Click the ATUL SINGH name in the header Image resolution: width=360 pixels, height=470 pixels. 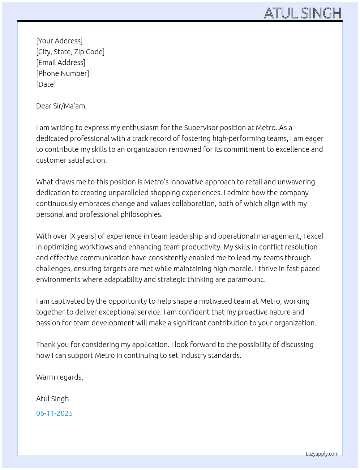tap(303, 13)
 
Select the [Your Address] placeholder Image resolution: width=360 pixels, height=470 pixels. tap(59, 41)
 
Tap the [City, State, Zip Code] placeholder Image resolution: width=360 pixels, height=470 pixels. tap(70, 52)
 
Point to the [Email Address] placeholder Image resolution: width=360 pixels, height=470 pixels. tap(61, 63)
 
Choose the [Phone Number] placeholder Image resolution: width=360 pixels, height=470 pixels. tap(63, 73)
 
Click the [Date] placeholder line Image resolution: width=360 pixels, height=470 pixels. tap(46, 84)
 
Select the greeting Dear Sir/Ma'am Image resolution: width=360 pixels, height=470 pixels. tap(61, 106)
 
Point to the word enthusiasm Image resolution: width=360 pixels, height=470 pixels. tap(140, 128)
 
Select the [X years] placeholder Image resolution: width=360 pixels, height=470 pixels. tap(82, 236)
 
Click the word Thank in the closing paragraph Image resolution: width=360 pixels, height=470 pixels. tap(45, 345)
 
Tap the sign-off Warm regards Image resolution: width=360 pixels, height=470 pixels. tap(59, 377)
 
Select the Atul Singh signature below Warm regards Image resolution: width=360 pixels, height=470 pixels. tap(52, 399)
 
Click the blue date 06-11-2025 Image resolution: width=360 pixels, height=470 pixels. tap(54, 413)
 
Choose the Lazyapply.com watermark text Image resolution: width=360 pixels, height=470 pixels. tap(322, 454)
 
